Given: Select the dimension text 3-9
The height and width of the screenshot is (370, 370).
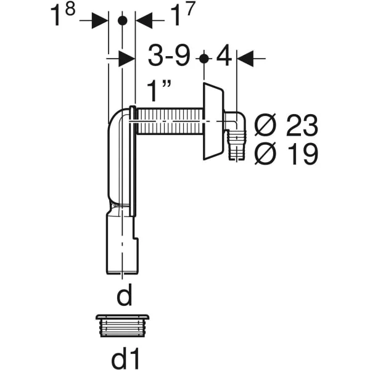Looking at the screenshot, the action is [x=169, y=55].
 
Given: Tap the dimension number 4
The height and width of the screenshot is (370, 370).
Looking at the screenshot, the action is [x=224, y=56].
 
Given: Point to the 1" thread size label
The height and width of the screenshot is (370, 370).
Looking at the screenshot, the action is [x=159, y=91].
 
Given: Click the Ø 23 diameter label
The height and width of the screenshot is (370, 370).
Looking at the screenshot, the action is [x=286, y=125].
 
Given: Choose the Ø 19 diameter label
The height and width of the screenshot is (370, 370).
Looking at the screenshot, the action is [x=286, y=154].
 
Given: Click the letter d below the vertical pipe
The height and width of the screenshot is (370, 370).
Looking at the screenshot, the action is [x=125, y=295].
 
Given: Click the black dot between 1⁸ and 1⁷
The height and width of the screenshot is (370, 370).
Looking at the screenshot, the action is [x=122, y=21].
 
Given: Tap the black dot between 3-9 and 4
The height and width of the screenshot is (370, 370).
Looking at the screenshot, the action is [x=203, y=59].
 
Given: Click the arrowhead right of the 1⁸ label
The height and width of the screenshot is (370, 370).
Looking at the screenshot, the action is [x=100, y=20].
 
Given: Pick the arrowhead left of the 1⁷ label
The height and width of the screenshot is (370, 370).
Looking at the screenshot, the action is [x=144, y=20].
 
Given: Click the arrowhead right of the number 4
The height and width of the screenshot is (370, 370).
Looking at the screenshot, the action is [x=245, y=59].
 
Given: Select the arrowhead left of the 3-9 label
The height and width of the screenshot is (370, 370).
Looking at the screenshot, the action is [x=126, y=59].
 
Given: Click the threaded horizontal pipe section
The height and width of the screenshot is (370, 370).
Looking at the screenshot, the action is [x=170, y=121].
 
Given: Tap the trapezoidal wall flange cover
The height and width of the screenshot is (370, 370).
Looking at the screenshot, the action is [x=213, y=121].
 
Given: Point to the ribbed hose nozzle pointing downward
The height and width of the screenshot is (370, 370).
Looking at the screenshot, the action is [x=237, y=145].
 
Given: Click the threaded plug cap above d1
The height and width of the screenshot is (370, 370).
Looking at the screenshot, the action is [x=123, y=326].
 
